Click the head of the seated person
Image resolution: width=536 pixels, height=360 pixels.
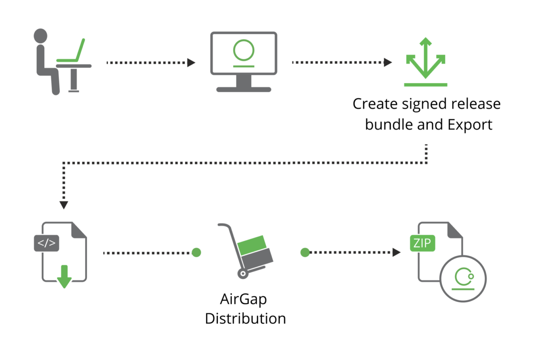tap(40, 36)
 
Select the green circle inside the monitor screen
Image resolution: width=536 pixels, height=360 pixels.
tap(244, 50)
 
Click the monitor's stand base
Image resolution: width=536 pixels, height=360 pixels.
tap(244, 89)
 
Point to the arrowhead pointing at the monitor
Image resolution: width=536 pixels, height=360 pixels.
tap(191, 63)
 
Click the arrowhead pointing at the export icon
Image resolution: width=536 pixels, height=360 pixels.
tap(387, 62)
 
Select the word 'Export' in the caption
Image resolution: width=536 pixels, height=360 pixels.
tap(470, 125)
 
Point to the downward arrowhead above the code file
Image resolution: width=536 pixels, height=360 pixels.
tap(64, 205)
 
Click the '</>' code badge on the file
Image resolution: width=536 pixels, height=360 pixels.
tap(46, 243)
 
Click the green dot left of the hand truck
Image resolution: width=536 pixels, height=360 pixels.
tap(196, 252)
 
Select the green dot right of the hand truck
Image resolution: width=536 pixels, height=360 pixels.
tap(305, 252)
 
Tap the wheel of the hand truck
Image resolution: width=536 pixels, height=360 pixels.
tap(243, 273)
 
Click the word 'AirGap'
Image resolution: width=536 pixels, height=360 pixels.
tap(244, 299)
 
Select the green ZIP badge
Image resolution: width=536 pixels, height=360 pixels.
tap(422, 243)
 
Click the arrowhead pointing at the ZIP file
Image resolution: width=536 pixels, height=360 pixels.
tap(396, 252)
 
